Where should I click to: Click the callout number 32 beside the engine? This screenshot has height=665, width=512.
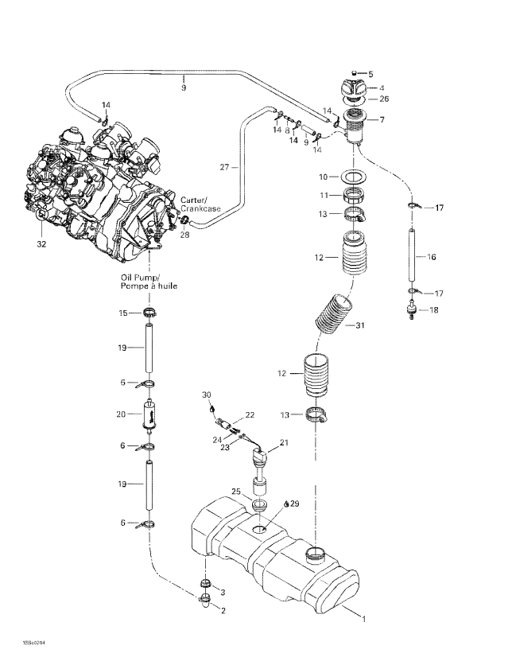(41, 244)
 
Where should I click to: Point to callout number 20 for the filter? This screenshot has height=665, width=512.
(122, 414)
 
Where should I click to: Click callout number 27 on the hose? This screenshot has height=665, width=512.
(225, 167)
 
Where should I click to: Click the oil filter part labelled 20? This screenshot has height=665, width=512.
(148, 414)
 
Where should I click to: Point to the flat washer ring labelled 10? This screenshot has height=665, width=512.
(355, 175)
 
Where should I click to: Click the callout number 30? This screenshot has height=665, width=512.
(207, 395)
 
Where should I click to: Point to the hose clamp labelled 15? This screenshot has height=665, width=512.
(149, 311)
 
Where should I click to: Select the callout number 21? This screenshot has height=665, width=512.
(285, 441)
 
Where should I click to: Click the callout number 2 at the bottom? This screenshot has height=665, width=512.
(223, 610)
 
